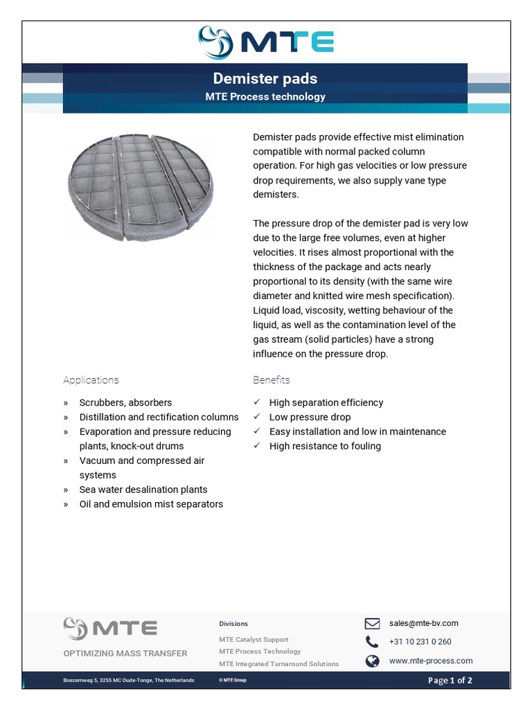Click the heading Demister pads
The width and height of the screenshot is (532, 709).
click(265, 78)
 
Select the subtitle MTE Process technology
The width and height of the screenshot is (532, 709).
click(265, 97)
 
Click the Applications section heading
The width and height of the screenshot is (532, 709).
click(91, 380)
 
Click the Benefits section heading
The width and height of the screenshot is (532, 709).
click(272, 380)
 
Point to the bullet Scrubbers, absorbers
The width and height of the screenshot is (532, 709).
click(125, 402)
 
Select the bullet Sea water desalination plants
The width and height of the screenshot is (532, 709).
click(143, 490)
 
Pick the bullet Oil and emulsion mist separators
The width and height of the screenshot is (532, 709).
click(151, 504)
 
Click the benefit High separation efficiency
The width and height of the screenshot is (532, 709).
click(326, 402)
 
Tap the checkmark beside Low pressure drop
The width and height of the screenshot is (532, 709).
click(257, 417)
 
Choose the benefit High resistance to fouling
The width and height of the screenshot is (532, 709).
click(325, 446)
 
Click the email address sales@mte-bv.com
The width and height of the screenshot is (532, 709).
click(423, 623)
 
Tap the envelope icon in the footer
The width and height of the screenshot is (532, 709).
click(373, 623)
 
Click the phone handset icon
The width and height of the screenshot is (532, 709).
click(373, 642)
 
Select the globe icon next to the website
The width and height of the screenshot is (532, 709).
click(373, 661)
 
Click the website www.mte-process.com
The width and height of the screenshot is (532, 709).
click(431, 661)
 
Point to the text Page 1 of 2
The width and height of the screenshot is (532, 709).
click(450, 681)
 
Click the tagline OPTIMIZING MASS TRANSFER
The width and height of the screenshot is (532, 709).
click(125, 653)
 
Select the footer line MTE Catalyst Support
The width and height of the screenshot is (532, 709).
click(254, 640)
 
